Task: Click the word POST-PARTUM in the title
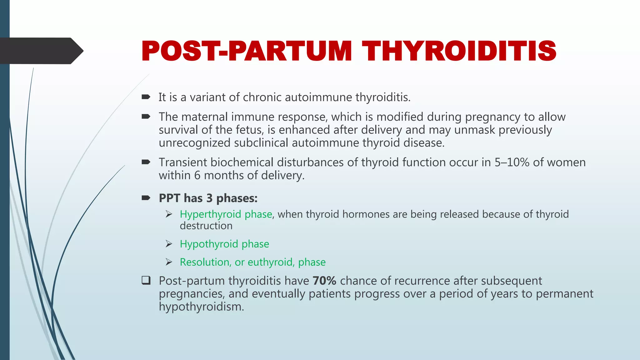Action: point(247,51)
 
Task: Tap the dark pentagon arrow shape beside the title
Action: point(41,51)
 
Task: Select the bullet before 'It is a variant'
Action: point(146,97)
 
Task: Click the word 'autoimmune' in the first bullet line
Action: point(318,97)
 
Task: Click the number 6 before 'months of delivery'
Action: point(197,175)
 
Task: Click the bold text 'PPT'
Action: point(169,198)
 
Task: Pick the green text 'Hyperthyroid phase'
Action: point(226,214)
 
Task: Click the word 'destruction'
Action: point(206,226)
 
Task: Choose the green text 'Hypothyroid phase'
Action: point(224,244)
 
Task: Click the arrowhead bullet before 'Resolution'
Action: point(169,262)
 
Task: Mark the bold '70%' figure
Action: point(324,281)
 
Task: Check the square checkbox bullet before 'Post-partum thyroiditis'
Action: point(146,280)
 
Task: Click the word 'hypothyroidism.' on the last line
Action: point(201,307)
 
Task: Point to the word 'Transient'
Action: point(183,162)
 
